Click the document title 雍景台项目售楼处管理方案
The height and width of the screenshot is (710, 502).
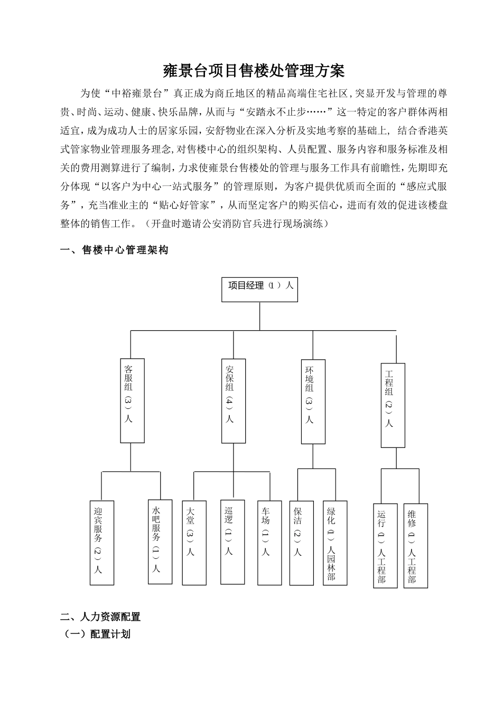[x=254, y=70]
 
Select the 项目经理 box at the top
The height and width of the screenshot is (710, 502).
[x=259, y=289]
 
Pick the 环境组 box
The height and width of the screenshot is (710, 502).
[x=313, y=401]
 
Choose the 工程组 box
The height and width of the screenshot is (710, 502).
[x=393, y=405]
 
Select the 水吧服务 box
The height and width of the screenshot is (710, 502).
[x=160, y=541]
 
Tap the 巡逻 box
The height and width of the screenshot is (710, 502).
[x=233, y=541]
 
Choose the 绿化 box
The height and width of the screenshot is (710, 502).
[x=335, y=543]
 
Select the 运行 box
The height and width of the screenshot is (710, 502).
[x=385, y=545]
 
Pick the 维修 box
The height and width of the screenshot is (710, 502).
[x=415, y=545]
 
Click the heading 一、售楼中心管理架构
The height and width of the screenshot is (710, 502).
[x=115, y=250]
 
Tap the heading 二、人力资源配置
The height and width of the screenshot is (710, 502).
[x=100, y=616]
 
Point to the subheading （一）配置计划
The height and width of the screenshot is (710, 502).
[x=97, y=634]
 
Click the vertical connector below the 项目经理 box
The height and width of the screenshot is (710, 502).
[x=259, y=316]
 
